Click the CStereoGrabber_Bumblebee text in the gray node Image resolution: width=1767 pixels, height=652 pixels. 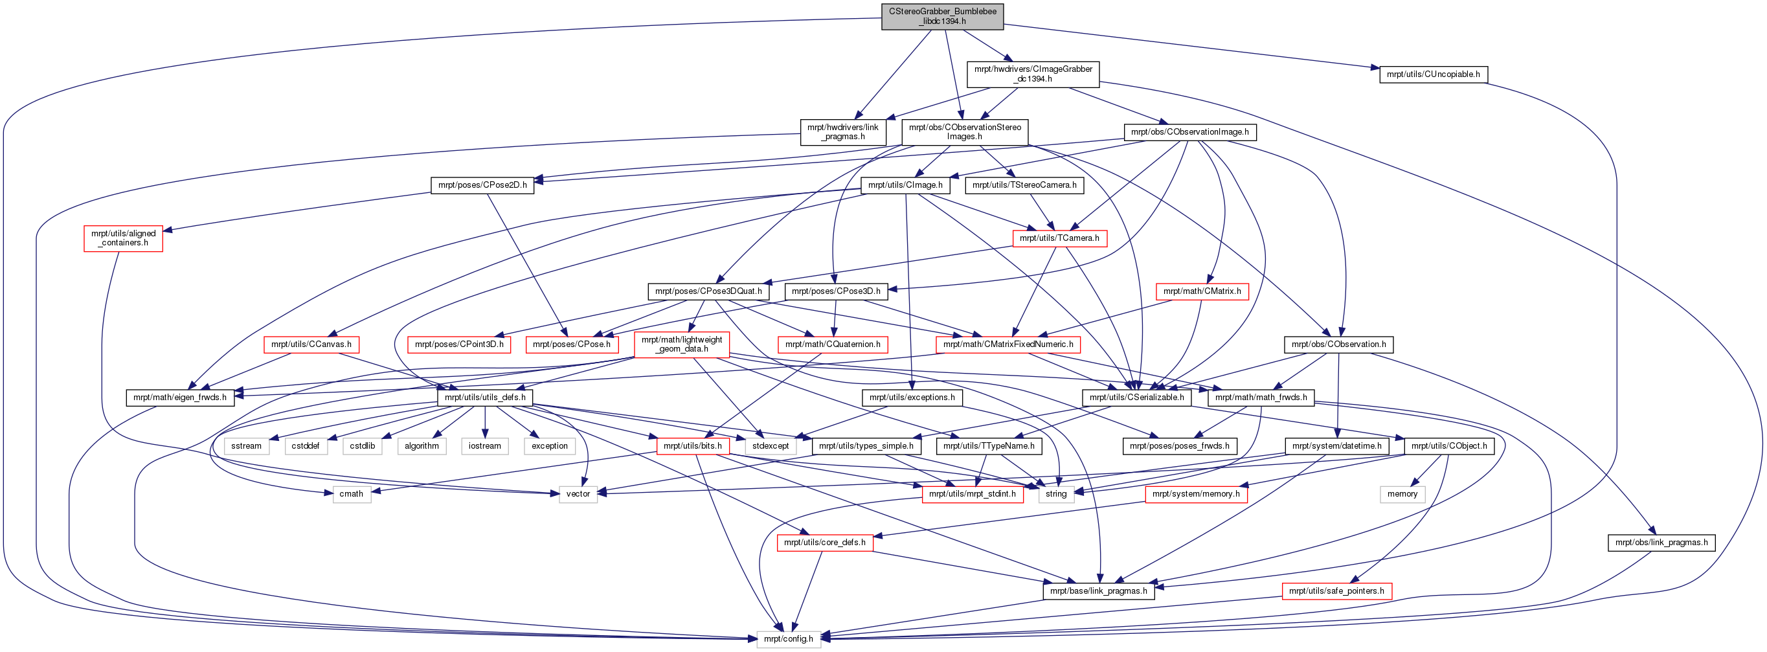(x=942, y=12)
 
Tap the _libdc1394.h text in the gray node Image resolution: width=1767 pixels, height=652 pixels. (x=942, y=21)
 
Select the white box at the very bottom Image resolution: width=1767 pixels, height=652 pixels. (x=788, y=639)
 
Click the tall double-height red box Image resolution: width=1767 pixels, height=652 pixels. (x=681, y=345)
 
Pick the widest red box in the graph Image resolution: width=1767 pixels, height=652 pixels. (x=1007, y=345)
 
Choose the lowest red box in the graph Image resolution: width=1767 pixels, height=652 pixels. (x=1336, y=591)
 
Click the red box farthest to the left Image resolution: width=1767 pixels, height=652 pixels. (x=123, y=238)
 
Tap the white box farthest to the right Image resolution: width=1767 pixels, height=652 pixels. (x=1402, y=494)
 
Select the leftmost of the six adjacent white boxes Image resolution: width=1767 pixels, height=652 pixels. (x=246, y=446)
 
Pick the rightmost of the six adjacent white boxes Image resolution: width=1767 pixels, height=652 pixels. (x=550, y=446)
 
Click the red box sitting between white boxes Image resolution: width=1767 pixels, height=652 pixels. (x=693, y=446)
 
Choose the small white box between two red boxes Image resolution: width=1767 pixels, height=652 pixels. (x=1055, y=494)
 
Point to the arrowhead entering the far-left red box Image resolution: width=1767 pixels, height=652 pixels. (x=165, y=230)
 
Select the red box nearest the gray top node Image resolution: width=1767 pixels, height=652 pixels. (x=1060, y=238)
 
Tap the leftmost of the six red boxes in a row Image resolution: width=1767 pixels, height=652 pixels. (x=311, y=345)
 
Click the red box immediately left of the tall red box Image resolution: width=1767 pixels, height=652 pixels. (x=572, y=345)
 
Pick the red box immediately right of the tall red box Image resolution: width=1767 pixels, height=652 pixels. (x=833, y=345)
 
